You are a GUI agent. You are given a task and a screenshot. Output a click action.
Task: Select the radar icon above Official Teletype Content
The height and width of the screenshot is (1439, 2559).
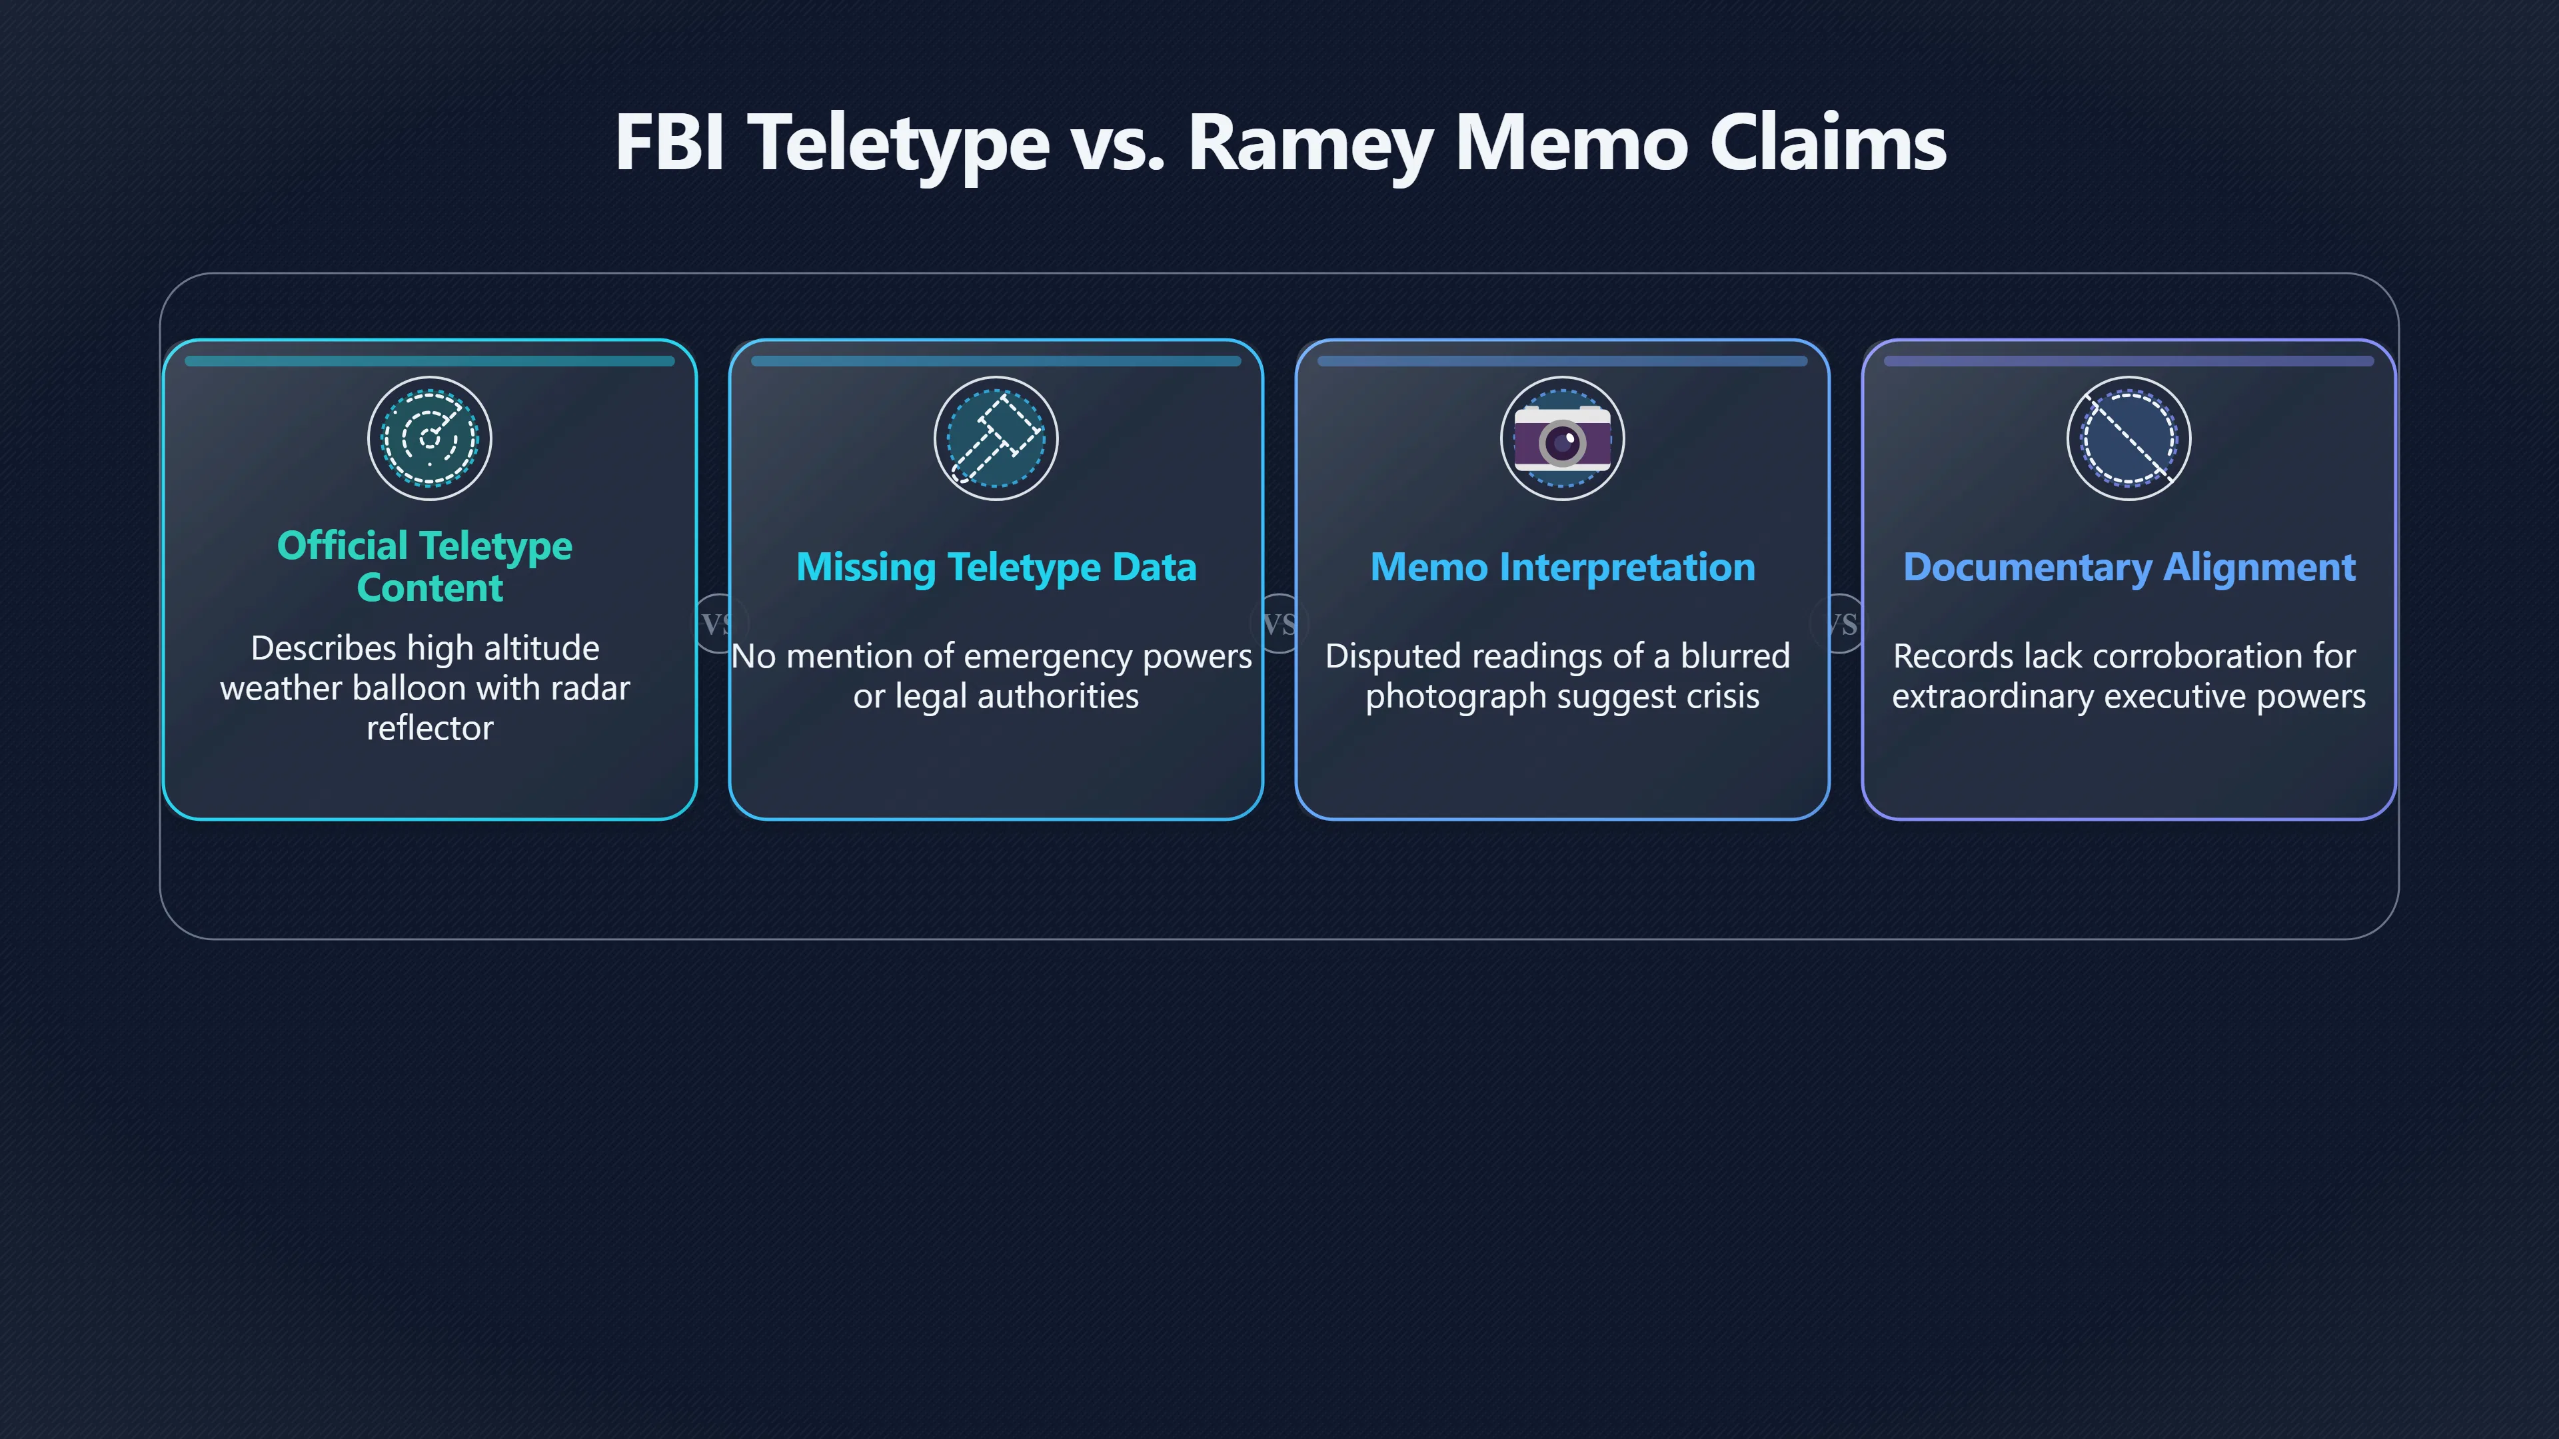point(429,438)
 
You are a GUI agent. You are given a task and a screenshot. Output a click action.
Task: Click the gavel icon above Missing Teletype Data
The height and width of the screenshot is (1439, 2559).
point(996,438)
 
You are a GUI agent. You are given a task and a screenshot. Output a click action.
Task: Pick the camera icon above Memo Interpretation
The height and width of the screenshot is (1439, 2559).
point(1561,438)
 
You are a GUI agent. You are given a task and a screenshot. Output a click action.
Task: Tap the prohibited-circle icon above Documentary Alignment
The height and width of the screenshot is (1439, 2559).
point(2129,438)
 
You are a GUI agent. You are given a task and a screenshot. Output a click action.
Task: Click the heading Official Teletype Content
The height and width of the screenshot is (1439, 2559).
point(425,566)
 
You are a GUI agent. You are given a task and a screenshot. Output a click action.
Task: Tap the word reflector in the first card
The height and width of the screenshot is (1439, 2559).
point(429,729)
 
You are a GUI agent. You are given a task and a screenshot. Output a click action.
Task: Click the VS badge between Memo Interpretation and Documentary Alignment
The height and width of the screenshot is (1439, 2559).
point(1841,624)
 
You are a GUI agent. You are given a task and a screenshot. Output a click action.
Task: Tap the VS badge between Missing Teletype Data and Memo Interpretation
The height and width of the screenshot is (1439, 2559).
point(1279,624)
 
